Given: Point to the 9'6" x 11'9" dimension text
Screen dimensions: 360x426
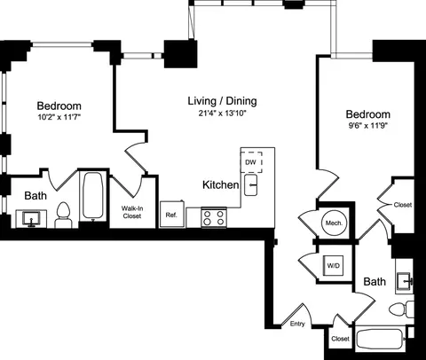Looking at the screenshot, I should [367, 127].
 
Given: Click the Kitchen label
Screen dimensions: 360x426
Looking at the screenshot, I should [220, 184].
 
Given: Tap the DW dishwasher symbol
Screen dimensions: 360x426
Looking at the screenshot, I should [250, 162].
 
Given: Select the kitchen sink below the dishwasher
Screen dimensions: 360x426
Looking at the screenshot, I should [252, 184].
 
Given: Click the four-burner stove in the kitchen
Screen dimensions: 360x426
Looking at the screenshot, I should [213, 217].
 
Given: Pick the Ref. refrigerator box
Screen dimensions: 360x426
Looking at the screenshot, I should [171, 215].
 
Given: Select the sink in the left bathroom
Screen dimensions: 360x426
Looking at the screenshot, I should [35, 218].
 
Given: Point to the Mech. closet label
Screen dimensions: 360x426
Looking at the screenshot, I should [334, 223].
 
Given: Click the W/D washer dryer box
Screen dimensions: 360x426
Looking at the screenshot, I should [334, 264].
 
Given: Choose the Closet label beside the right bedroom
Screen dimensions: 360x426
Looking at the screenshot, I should [403, 205].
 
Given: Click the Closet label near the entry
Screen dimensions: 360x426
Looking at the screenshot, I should [339, 339].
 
